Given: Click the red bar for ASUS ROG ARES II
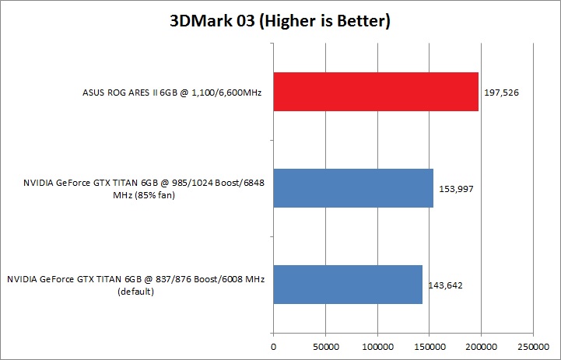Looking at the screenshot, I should pos(376,93).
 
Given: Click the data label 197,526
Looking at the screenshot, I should pos(501,93).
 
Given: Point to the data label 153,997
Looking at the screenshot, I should pos(456,188).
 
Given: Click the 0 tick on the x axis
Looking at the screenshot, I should pos(273,344).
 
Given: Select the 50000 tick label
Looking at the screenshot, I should pos(325,344).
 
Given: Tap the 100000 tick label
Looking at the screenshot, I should pos(377,344).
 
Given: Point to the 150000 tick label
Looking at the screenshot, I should pos(429,344).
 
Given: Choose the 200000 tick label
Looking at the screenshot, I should pos(481,344).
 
